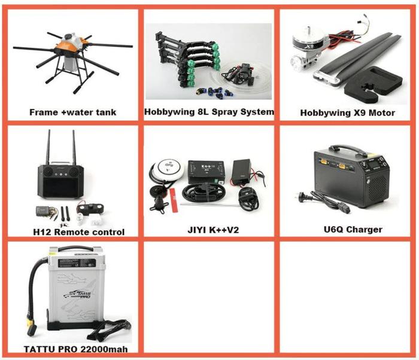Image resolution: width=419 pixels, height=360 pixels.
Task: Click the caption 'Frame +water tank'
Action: point(72,112)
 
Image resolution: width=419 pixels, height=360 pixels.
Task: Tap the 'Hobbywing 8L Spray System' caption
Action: point(209,112)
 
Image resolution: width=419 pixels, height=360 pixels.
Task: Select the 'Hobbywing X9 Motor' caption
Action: point(347,112)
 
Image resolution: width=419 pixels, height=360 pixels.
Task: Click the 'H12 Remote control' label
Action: point(78,232)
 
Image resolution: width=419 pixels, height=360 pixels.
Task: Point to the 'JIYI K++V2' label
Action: point(213,230)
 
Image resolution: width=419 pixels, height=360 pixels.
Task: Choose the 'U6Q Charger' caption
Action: point(353,230)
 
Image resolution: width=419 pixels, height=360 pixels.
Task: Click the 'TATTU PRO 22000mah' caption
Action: point(75,349)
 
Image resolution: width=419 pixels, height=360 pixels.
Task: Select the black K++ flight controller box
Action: point(206,171)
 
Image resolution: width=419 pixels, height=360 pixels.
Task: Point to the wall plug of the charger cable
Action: point(304,197)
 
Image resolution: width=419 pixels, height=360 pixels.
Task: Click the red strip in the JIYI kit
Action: point(174,200)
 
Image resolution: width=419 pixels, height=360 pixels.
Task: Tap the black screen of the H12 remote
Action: point(61,187)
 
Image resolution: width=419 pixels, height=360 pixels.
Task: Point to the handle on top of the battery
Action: point(76,248)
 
